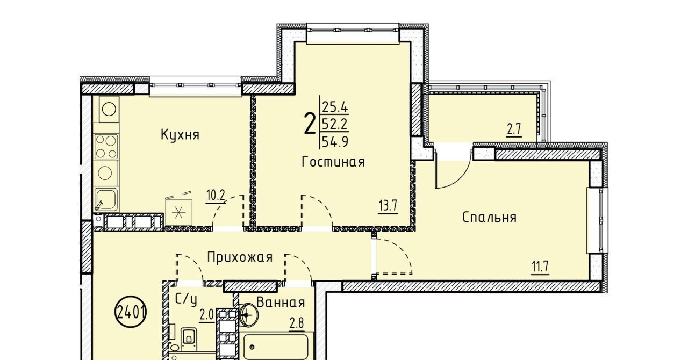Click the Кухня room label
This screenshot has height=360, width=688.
tap(180, 135)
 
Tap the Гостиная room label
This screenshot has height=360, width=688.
tap(333, 162)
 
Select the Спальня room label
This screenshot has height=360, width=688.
tap(489, 218)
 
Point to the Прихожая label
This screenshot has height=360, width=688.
tap(240, 257)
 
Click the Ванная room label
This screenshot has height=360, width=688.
tap(281, 303)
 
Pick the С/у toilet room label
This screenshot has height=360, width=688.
tap(185, 299)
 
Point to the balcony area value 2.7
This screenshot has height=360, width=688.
tap(514, 130)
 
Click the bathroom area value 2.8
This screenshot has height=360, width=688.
tap(297, 324)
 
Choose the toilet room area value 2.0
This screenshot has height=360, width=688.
tap(207, 316)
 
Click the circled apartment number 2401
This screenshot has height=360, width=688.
tap(131, 312)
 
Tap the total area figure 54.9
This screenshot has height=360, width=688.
tap(335, 142)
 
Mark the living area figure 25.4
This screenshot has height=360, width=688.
tap(335, 107)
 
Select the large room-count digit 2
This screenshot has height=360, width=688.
tap(310, 124)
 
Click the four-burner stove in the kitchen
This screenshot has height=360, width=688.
tap(106, 146)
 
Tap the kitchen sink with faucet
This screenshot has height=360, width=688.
tap(106, 199)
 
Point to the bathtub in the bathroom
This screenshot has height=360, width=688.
tap(276, 347)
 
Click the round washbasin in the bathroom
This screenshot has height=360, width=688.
tap(248, 315)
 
